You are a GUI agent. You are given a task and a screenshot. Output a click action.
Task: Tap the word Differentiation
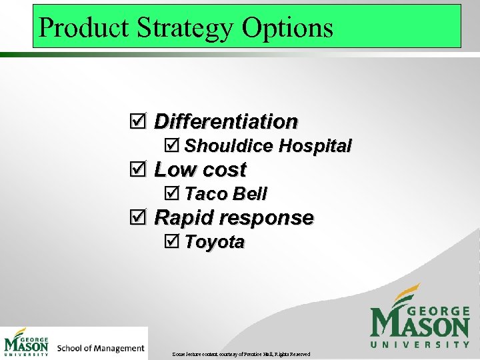(226, 121)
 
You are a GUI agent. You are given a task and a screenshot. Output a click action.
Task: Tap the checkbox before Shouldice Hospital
(171, 145)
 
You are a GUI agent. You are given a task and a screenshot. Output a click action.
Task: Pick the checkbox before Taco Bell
(171, 194)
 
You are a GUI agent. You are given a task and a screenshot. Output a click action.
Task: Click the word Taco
(205, 194)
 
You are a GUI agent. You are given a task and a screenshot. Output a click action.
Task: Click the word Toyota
(215, 242)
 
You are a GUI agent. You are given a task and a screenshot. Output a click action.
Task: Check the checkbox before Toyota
(171, 242)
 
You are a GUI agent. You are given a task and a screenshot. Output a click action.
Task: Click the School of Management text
(101, 348)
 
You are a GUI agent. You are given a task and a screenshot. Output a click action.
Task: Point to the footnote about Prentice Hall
(241, 353)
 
